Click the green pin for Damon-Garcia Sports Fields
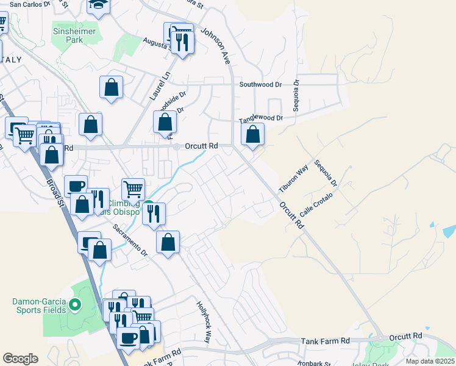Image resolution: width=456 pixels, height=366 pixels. point(76,304)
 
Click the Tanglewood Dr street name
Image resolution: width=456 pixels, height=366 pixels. point(261,118)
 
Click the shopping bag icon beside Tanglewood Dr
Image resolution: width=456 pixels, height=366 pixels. point(252,134)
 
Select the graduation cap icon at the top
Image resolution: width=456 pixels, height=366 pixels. point(98,5)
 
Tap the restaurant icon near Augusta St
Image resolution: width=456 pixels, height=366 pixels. point(182,42)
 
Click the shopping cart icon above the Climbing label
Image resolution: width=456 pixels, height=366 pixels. point(133,188)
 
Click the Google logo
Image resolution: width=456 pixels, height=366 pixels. point(20,359)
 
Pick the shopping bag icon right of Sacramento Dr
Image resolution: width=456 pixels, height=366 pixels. point(168,242)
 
